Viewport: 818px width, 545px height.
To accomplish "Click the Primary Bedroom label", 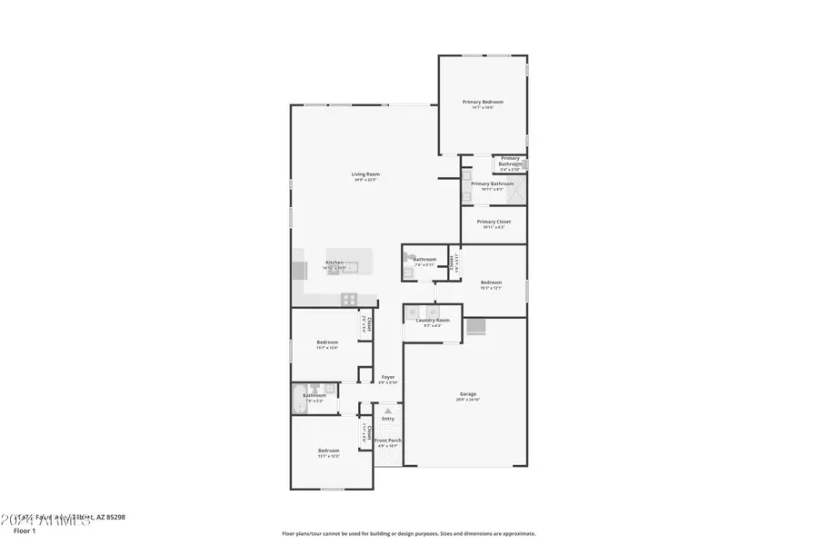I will tap(482, 102).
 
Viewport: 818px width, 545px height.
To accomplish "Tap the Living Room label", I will tap(366, 173).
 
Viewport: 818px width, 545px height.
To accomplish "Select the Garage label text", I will tap(467, 393).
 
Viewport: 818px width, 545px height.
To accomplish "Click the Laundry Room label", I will tap(433, 320).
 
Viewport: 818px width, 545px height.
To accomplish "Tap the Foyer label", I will tap(388, 376).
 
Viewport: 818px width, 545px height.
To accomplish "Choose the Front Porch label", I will tap(388, 441).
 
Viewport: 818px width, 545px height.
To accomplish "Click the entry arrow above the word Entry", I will tap(388, 411).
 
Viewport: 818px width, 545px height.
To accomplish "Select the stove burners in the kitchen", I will tap(348, 299).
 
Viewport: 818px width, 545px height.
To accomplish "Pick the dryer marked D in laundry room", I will tap(433, 312).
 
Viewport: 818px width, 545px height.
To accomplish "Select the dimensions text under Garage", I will tap(467, 400).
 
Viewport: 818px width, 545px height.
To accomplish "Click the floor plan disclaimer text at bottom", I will tap(408, 534).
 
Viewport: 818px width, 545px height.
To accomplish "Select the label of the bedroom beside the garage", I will tap(491, 282).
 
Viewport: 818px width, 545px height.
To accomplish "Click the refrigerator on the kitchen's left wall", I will tap(299, 270).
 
